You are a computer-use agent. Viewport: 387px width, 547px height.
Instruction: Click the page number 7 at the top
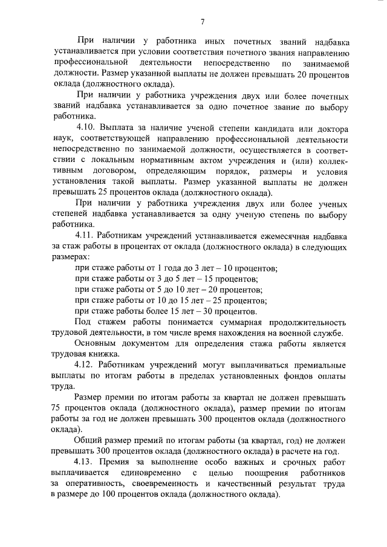click(203, 22)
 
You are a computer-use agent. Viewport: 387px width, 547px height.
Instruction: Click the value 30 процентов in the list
click(232, 311)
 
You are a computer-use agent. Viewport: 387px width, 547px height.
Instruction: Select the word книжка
click(103, 355)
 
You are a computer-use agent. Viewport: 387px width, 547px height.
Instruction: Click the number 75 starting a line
click(56, 408)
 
